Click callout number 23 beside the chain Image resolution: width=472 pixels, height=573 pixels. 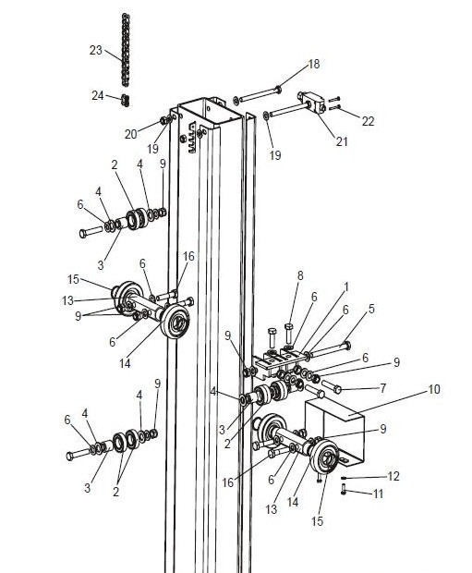tap(96, 50)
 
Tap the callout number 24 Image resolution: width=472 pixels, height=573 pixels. tap(98, 96)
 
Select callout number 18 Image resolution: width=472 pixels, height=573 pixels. tap(314, 65)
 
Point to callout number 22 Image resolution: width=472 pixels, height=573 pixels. tap(368, 121)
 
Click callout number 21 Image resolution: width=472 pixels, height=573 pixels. tap(342, 141)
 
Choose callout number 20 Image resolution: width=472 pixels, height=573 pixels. tap(130, 135)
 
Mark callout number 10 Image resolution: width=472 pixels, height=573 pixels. tap(433, 390)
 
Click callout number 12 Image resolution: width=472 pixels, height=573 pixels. tap(393, 476)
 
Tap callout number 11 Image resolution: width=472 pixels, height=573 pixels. tap(378, 494)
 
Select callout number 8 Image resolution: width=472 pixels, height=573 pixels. tap(300, 276)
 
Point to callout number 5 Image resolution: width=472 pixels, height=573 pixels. tap(371, 309)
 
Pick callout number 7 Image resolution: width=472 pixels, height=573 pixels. tap(382, 388)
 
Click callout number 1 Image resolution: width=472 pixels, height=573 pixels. tap(346, 286)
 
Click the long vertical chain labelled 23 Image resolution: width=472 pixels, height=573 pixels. tap(126, 50)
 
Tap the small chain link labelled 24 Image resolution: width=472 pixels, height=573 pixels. tap(126, 100)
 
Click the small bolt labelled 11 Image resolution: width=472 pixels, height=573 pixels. tap(344, 489)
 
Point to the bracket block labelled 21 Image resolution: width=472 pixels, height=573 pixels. tap(311, 102)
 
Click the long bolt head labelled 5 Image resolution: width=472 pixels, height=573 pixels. tap(346, 346)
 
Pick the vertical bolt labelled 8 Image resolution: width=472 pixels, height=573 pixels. tap(288, 335)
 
